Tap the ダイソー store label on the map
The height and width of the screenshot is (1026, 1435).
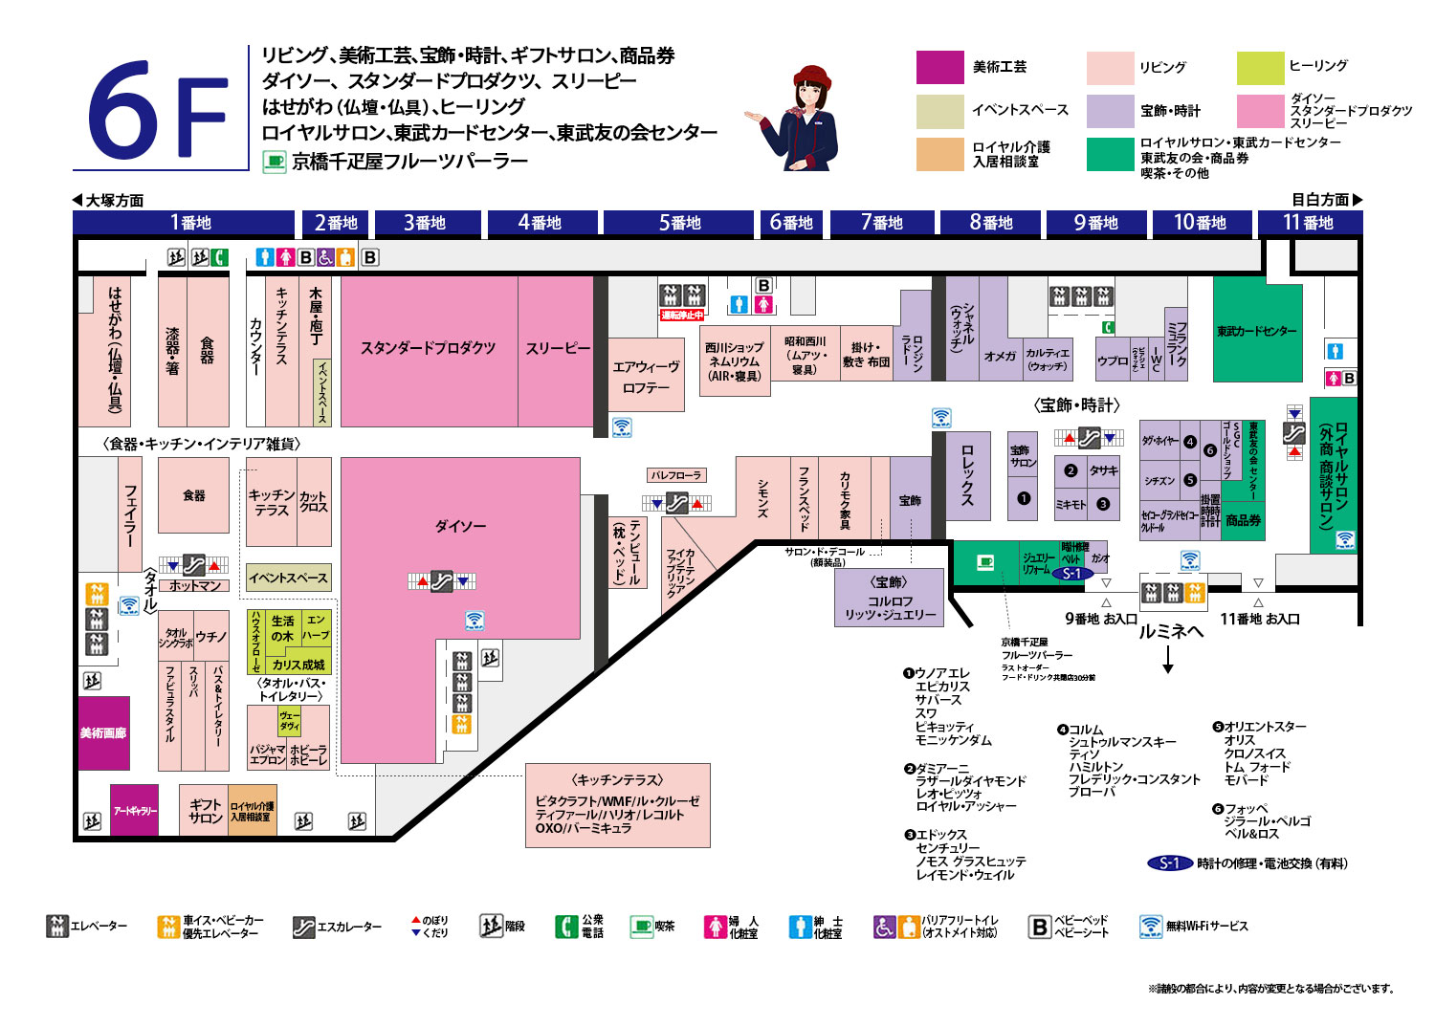tap(460, 526)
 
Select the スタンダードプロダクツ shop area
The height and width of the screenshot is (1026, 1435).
tap(428, 348)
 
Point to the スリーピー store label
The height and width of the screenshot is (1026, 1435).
tap(558, 348)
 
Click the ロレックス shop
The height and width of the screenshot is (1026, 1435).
tap(967, 474)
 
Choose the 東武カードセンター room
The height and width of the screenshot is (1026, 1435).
tap(1257, 331)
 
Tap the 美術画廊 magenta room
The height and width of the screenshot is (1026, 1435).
tap(103, 733)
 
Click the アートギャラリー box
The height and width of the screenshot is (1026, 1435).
tap(135, 811)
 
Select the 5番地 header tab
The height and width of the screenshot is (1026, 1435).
tap(679, 223)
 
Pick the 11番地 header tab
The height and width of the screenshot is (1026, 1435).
tap(1308, 223)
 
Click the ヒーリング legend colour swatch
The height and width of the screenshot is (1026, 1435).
tap(1259, 68)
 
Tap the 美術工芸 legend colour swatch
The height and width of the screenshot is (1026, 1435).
tap(939, 68)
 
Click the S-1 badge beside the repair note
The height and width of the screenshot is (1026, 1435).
tap(1169, 863)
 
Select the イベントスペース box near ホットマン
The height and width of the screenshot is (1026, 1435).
tap(288, 578)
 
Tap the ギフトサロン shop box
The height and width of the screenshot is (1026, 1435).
tap(205, 811)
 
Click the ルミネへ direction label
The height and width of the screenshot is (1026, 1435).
tap(1170, 632)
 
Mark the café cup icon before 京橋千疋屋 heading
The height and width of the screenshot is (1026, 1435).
tap(275, 162)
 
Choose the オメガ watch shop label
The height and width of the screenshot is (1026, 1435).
tap(1000, 356)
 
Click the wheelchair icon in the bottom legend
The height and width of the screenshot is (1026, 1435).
tap(884, 927)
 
